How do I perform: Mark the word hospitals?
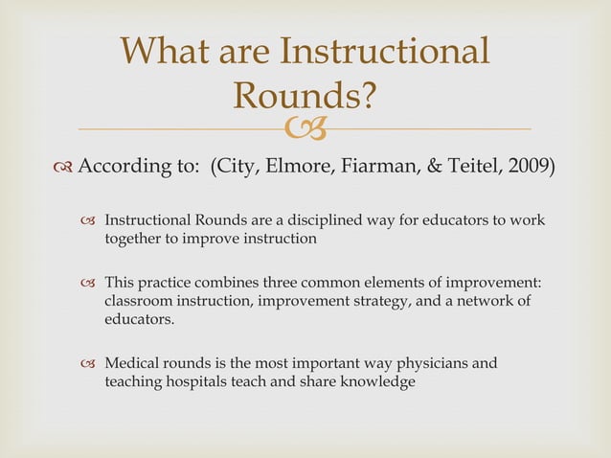[206, 382]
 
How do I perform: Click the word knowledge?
[378, 382]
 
